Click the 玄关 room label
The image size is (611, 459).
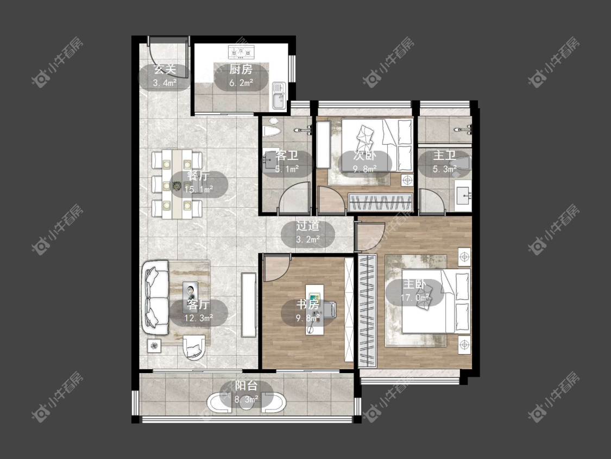point(165,70)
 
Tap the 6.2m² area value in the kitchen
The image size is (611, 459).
point(241,83)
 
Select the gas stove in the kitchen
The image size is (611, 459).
point(241,51)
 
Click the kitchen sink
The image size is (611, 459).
point(279,96)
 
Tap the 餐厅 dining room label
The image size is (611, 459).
point(198,176)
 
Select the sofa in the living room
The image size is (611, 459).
point(155,297)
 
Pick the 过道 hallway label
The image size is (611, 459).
point(308,226)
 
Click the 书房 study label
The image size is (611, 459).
point(308,304)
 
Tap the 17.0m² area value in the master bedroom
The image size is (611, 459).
point(414,298)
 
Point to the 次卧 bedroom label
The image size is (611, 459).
point(365,156)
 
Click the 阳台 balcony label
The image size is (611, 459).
point(246,386)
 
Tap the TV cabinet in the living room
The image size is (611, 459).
point(248,305)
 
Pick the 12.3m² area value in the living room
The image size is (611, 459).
point(198,318)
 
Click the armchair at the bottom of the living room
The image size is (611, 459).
point(194,346)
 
